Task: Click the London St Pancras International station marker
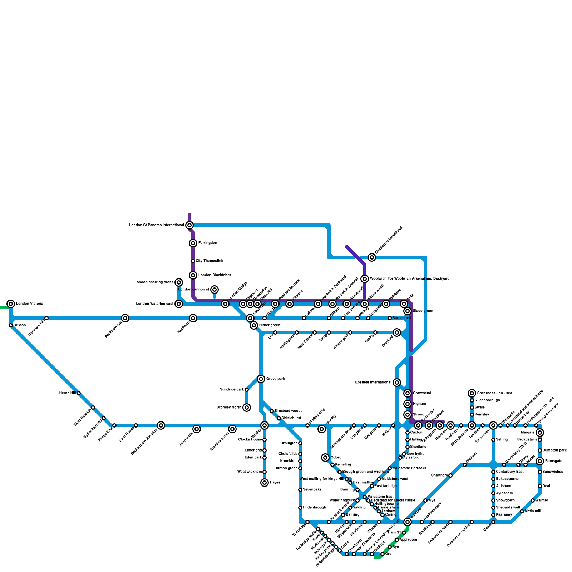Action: point(189,225)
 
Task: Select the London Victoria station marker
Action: point(11,304)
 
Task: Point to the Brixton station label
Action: point(20,325)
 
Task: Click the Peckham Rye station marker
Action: point(125,318)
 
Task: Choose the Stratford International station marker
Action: point(372,257)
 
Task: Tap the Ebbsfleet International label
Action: point(373,383)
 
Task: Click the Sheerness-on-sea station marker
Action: point(472,393)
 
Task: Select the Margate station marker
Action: point(540,433)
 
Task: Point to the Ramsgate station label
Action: point(553,461)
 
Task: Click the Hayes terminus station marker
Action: point(265,483)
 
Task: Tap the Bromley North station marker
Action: point(247,408)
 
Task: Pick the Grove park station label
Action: point(276,379)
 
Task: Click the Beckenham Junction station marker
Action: point(161,425)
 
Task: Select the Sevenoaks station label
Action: point(312,490)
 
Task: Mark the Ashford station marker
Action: point(408,522)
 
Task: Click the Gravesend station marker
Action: point(408,393)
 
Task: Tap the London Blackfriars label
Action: point(214,275)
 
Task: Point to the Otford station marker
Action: point(325,458)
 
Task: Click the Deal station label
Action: point(546,486)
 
